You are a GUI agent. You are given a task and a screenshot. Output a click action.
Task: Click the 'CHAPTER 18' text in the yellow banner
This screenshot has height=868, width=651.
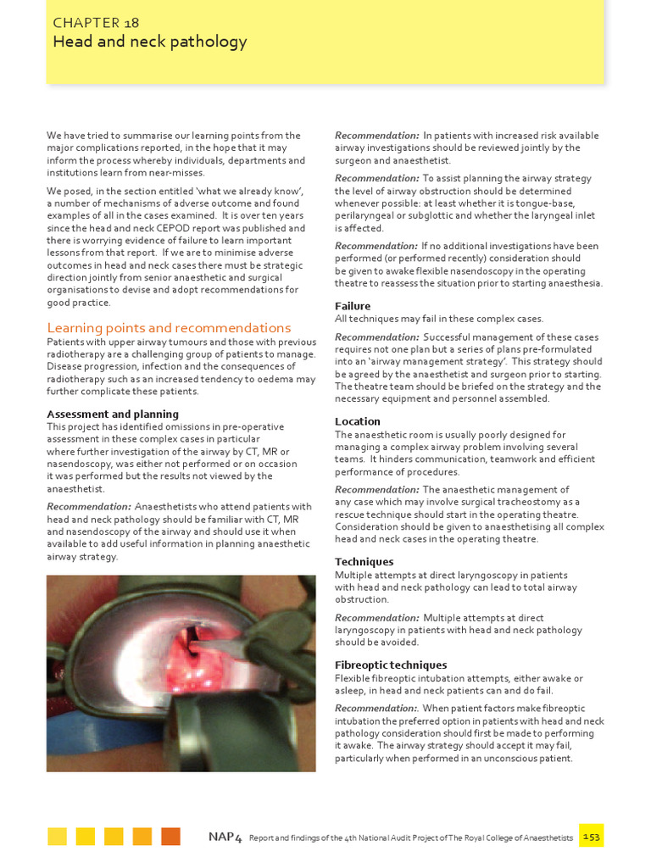tap(96, 23)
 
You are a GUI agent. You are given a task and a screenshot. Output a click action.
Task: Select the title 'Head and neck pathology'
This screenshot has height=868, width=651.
tap(149, 42)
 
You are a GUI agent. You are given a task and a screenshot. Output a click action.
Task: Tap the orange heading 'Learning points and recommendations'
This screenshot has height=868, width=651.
tap(169, 328)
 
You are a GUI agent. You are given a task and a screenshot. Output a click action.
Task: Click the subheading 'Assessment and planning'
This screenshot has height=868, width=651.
tap(113, 415)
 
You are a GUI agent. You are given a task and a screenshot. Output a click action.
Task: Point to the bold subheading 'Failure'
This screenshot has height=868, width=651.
tap(353, 306)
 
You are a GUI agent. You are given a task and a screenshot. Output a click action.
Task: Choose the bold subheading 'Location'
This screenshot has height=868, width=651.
tap(358, 421)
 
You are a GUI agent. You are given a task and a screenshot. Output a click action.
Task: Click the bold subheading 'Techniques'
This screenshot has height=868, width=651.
tap(364, 562)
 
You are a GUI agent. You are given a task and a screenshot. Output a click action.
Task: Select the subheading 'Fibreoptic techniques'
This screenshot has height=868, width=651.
tap(391, 665)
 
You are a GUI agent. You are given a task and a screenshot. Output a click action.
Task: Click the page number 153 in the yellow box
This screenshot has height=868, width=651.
tap(592, 837)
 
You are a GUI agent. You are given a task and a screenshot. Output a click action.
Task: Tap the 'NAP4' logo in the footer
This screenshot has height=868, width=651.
tap(225, 837)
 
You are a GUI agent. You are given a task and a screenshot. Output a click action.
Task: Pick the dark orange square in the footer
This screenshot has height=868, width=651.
tap(170, 837)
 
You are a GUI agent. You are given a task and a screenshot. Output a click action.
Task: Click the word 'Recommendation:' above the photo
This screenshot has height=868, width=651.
tap(89, 507)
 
